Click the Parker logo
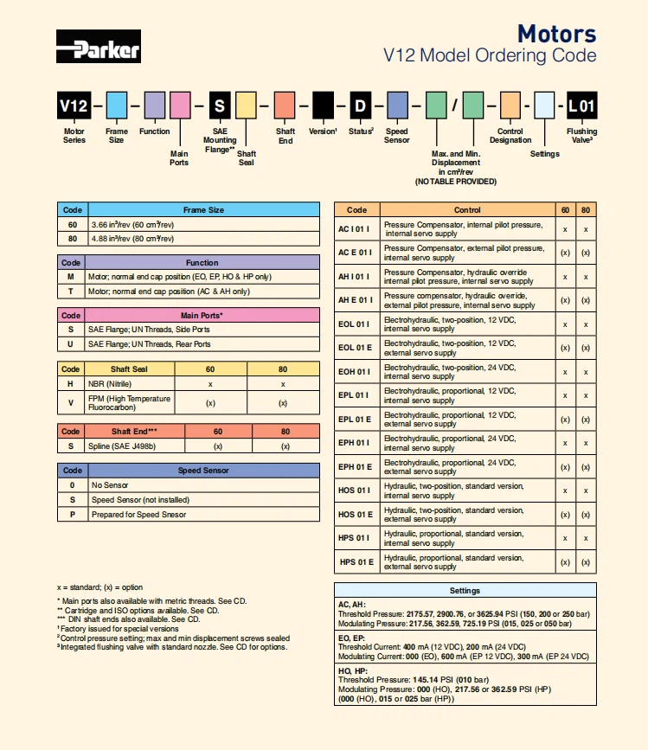pyautogui.click(x=98, y=47)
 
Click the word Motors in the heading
pyautogui.click(x=556, y=34)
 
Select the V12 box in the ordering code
pyautogui.click(x=74, y=106)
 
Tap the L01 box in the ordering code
pyautogui.click(x=581, y=106)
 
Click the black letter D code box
pyautogui.click(x=360, y=106)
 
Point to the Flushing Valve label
pyautogui.click(x=581, y=135)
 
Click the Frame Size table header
pyautogui.click(x=203, y=209)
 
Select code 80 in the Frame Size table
pyautogui.click(x=72, y=239)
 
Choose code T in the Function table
pyautogui.click(x=71, y=292)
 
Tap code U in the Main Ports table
pyautogui.click(x=71, y=344)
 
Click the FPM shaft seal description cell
pyautogui.click(x=130, y=402)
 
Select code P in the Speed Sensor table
pyautogui.click(x=72, y=515)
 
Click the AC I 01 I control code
pyautogui.click(x=356, y=229)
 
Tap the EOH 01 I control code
pyautogui.click(x=356, y=372)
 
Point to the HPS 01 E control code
pyautogui.click(x=356, y=562)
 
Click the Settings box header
pyautogui.click(x=465, y=591)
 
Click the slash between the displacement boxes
pyautogui.click(x=454, y=106)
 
